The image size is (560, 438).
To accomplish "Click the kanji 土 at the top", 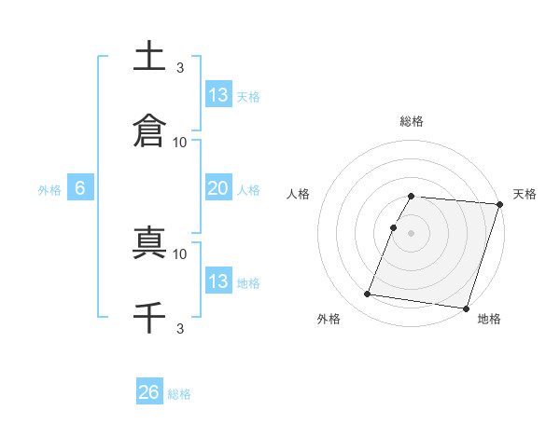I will coord(149,57).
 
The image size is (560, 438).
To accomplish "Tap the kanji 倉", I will coord(149,130).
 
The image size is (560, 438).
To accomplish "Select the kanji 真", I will coord(149,244).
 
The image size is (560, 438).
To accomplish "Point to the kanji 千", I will coord(149,319).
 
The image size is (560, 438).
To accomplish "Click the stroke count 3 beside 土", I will coord(180,67).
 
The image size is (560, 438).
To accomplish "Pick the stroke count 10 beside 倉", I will coord(180,142).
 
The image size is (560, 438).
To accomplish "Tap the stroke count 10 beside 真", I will coord(180,253).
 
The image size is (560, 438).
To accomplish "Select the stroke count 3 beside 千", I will coord(180,328).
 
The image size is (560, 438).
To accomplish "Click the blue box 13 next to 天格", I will coord(218,94).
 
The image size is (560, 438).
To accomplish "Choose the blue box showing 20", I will coord(218,188).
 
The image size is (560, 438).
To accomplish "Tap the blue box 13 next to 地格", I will coord(218,281).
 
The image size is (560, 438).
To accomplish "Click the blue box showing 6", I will coord(80,188).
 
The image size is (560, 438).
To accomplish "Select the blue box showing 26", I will coord(149,392).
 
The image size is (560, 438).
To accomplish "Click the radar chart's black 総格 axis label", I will coord(412,121).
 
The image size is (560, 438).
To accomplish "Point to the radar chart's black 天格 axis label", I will coord(525,194).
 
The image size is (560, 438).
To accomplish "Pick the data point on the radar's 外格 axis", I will coord(368,294).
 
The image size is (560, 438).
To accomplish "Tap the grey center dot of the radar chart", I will coord(412,231).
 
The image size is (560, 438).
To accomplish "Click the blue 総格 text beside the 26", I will coord(180,394).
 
